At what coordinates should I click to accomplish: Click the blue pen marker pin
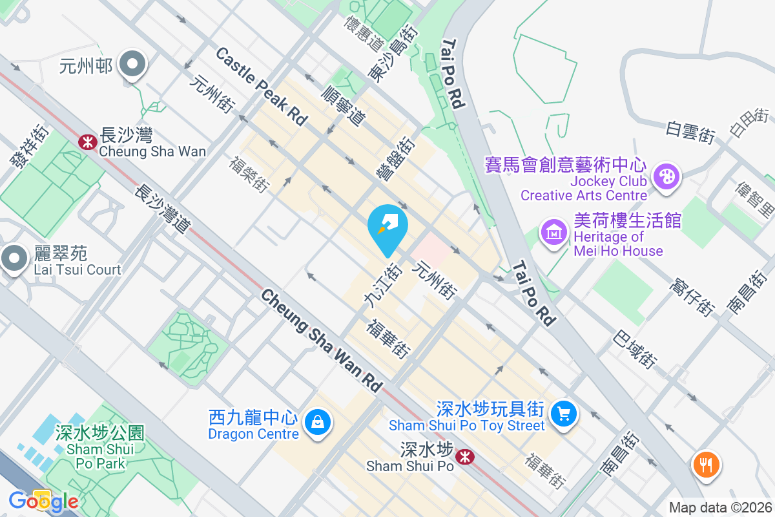(x=387, y=227)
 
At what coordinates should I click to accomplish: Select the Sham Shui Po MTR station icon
(x=464, y=457)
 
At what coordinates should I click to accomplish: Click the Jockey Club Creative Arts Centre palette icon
(x=666, y=176)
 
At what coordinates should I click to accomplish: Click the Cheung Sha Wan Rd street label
(x=321, y=339)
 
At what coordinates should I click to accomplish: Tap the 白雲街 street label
(x=690, y=131)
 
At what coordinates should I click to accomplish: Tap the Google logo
(x=44, y=501)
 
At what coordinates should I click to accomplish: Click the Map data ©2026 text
(x=719, y=507)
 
